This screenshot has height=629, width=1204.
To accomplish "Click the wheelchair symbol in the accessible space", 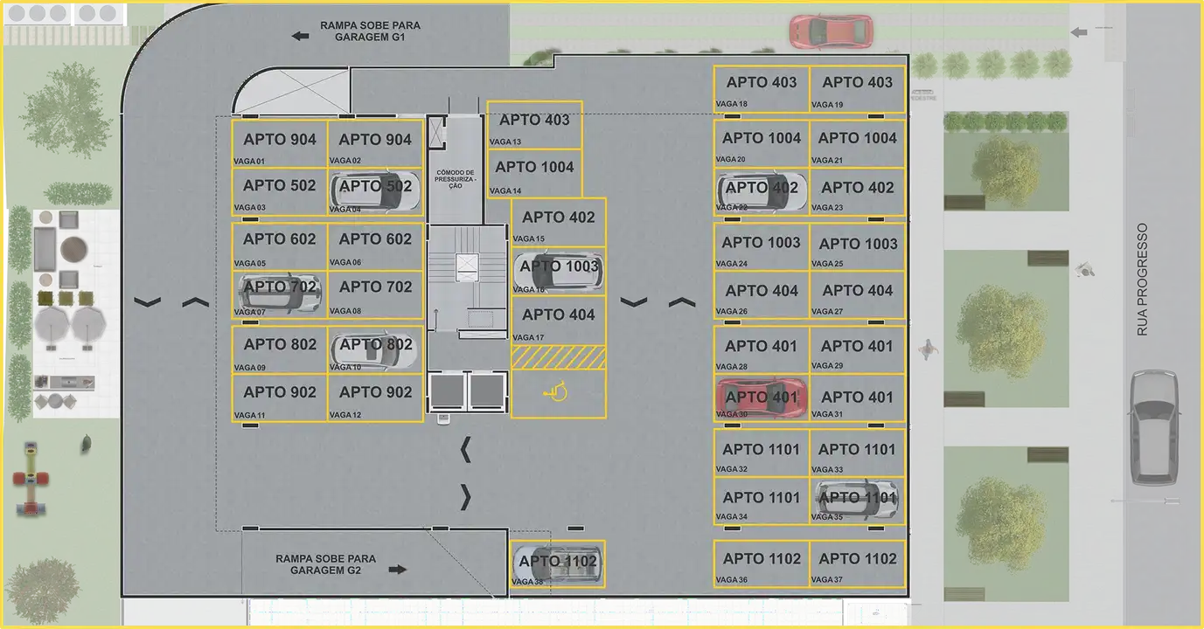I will coord(556,393).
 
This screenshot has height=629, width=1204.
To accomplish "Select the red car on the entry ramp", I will coord(830,31).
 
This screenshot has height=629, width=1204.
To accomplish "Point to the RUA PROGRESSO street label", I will coord(1141,280).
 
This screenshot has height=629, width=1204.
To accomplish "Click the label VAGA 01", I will coord(249,161).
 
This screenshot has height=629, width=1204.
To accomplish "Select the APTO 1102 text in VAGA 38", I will coord(558,561).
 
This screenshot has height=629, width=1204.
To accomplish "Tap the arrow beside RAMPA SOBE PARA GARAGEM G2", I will coord(398,569).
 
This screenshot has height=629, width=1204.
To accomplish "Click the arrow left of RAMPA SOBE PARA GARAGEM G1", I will coord(301,36).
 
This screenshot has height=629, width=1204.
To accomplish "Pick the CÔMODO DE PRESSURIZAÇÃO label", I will coord(456,179).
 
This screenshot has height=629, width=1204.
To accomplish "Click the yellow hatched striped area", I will coord(558,356).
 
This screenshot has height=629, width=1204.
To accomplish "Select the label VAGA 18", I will coord(732,105).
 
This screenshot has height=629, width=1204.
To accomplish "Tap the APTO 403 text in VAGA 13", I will coord(534,121).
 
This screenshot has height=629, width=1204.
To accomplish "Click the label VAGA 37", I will coord(827,580).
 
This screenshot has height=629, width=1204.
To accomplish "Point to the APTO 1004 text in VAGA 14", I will coord(534,167).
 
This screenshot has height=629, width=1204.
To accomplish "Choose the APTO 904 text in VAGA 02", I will coord(375,140).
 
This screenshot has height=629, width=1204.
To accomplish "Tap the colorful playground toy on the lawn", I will coord(30,479).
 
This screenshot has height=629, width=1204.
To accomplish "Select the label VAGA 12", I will coord(345,415).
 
